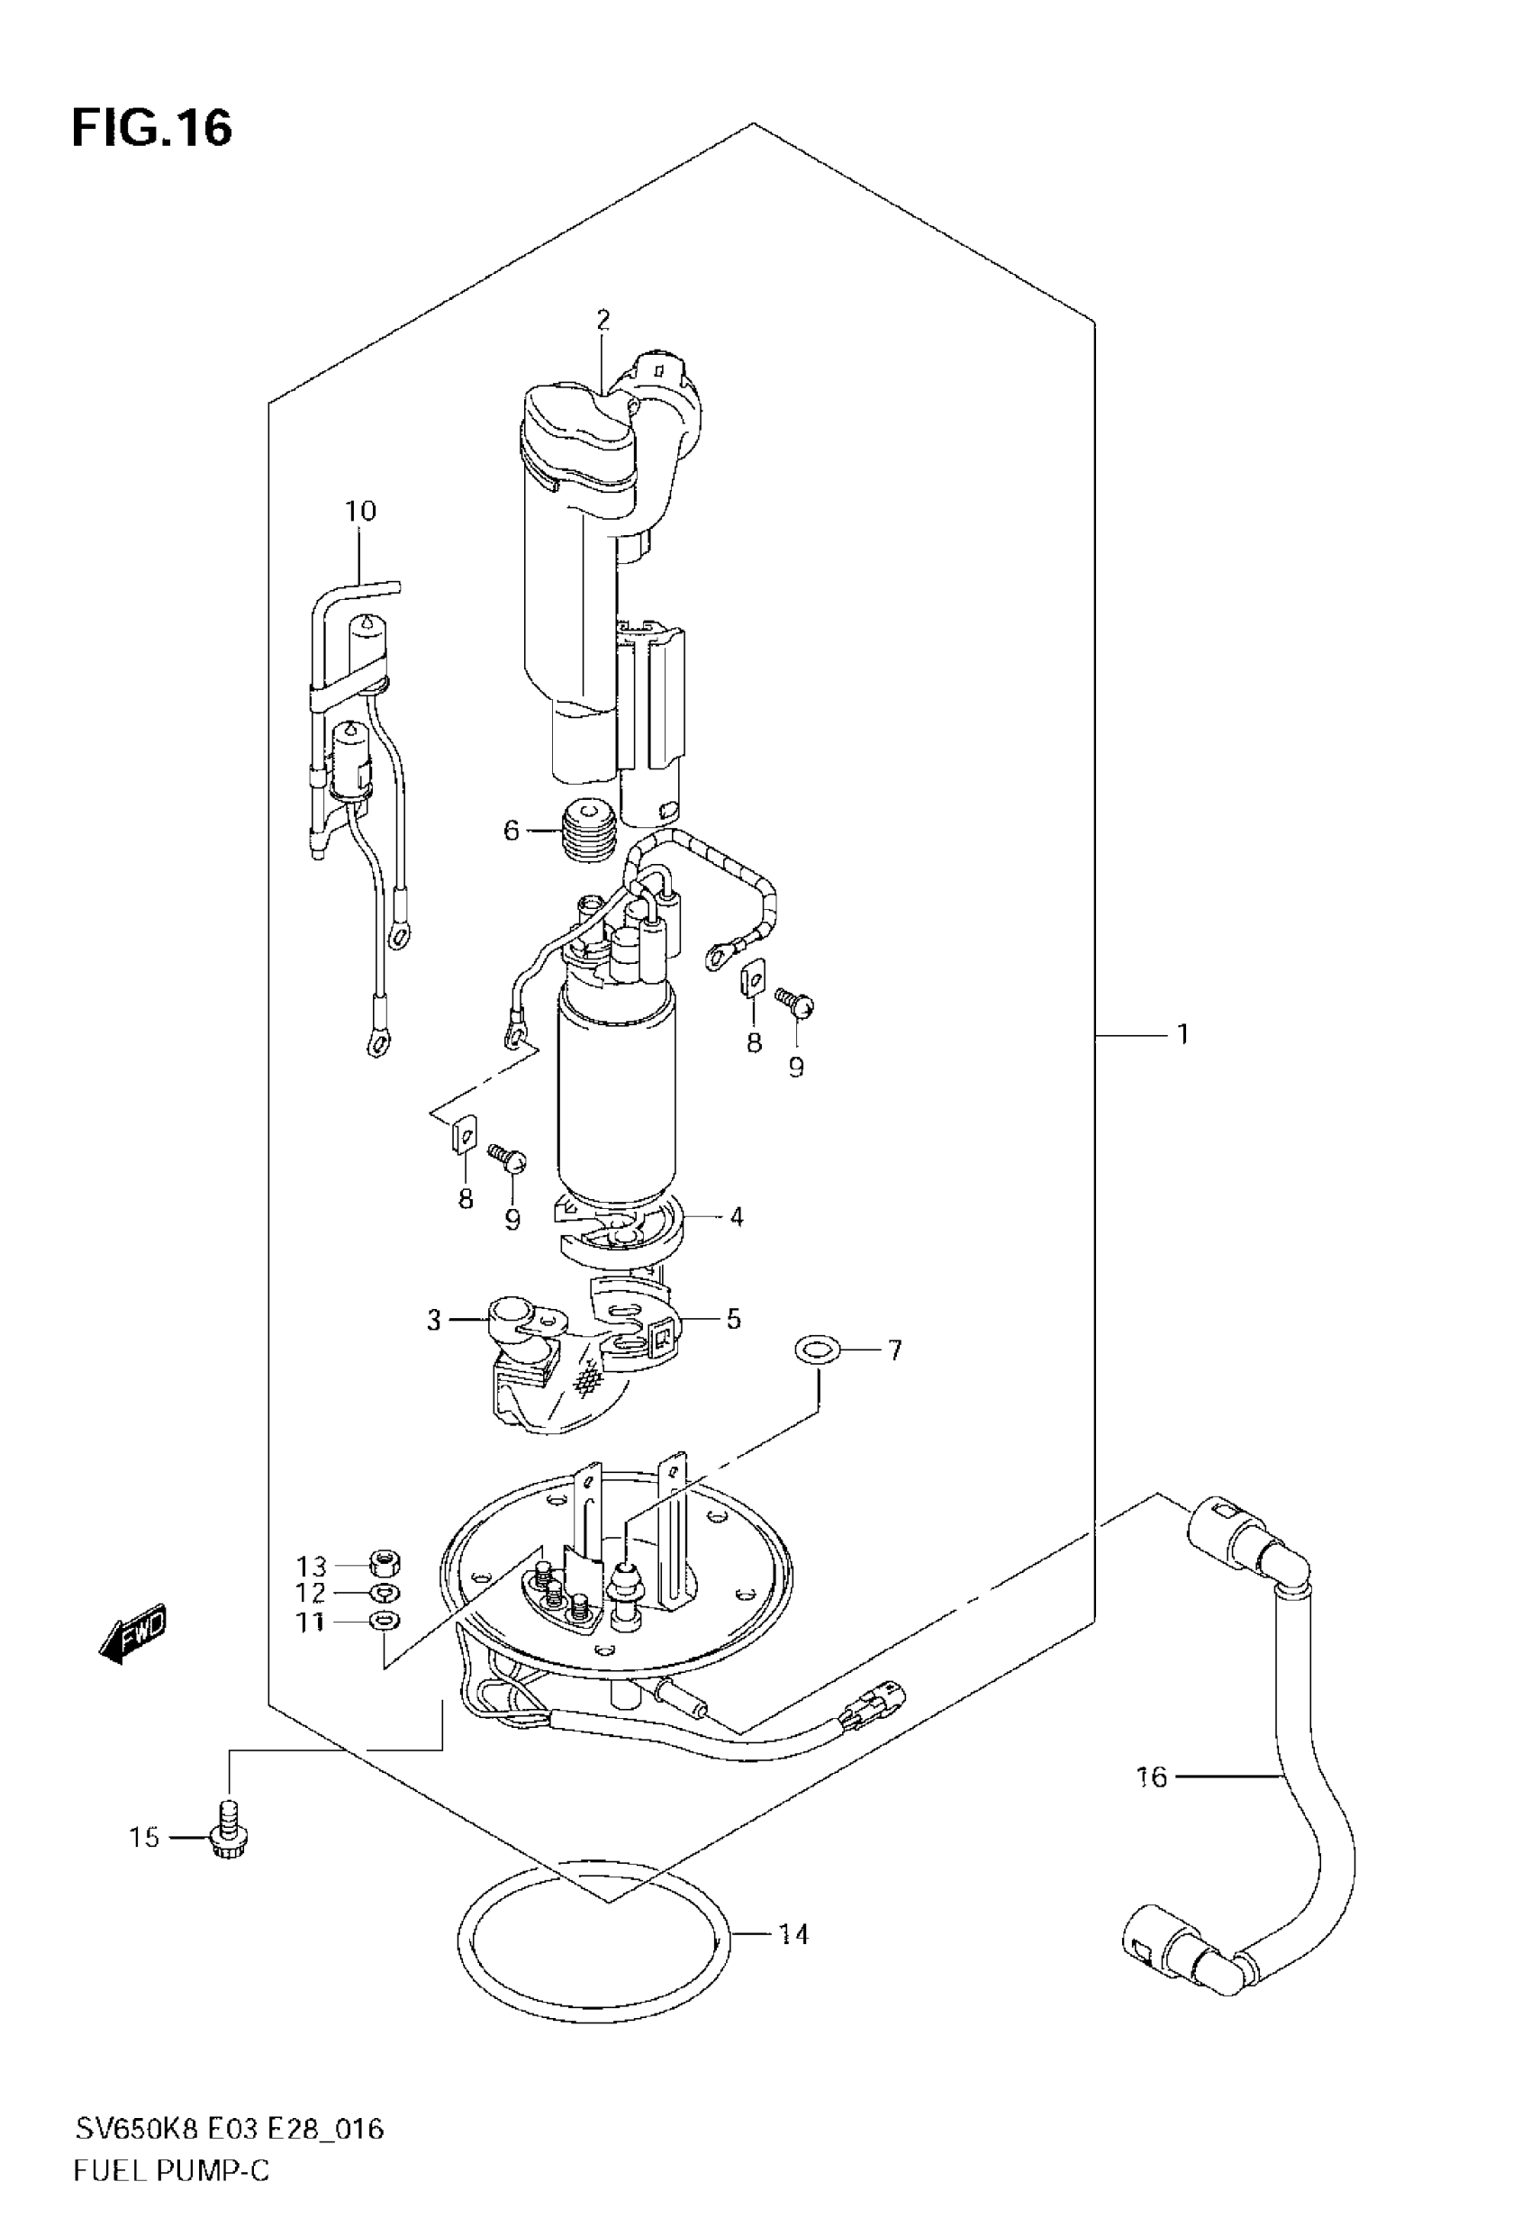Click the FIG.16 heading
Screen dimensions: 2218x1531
[x=151, y=129]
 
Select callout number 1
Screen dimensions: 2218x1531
[x=1182, y=1034]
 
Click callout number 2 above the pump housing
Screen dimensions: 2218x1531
[x=602, y=320]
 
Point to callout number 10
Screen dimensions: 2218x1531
[x=361, y=512]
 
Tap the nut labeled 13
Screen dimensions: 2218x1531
[x=385, y=1564]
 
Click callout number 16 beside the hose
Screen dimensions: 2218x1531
[x=1151, y=1777]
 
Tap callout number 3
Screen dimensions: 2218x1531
[x=433, y=1320]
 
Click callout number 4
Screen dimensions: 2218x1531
[x=736, y=1216]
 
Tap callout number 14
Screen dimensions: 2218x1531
[x=793, y=1934]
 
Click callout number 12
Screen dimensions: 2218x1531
[x=311, y=1594]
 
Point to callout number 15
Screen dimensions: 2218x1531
[x=145, y=1837]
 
